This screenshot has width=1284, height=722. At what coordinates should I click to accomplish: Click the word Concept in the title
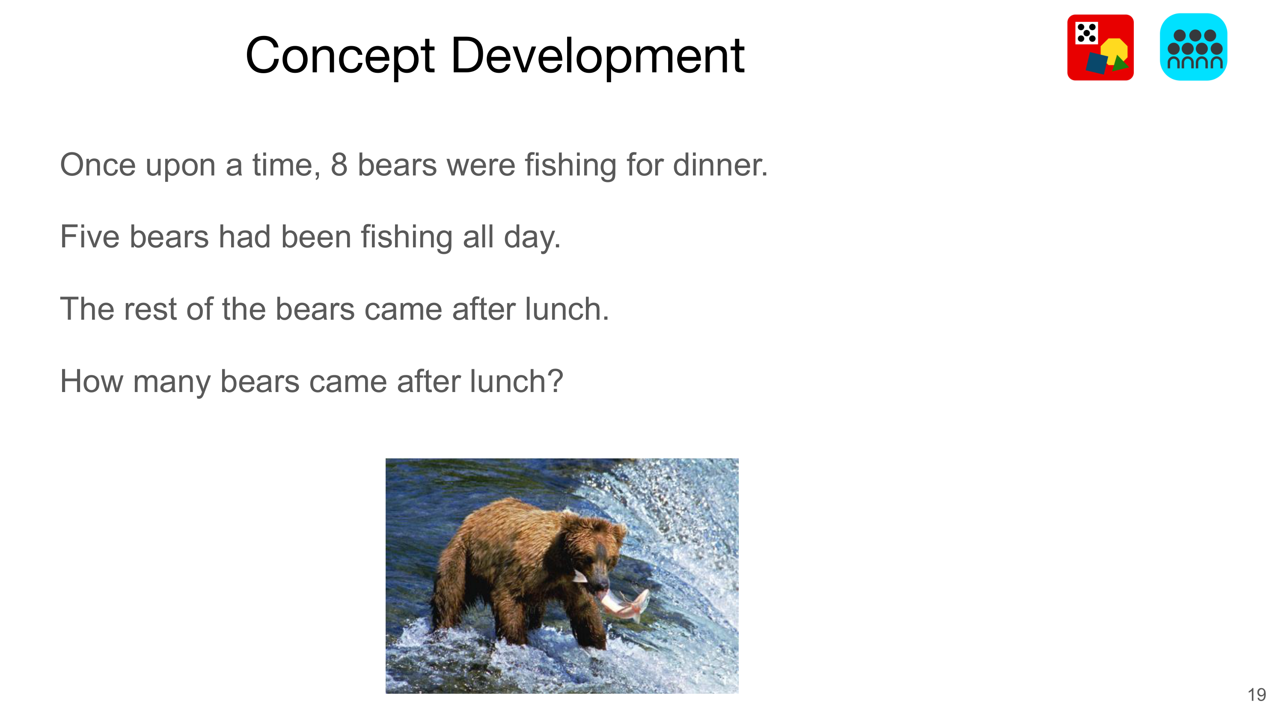pyautogui.click(x=340, y=56)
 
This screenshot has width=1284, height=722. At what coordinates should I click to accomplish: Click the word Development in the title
pyautogui.click(x=597, y=56)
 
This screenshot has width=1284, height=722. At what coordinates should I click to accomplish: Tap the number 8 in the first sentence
pyautogui.click(x=339, y=165)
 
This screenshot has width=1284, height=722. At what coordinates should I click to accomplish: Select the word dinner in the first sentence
pyautogui.click(x=720, y=164)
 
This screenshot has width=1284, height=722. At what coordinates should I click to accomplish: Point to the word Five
pyautogui.click(x=90, y=237)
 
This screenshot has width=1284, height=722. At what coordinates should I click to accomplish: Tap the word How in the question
pyautogui.click(x=92, y=382)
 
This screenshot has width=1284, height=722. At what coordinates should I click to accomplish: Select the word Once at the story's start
pyautogui.click(x=98, y=165)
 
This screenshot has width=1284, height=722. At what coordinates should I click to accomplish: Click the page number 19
pyautogui.click(x=1257, y=695)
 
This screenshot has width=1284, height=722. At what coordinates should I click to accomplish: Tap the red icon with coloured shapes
pyautogui.click(x=1100, y=48)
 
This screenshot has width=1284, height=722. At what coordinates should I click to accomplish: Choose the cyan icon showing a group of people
pyautogui.click(x=1193, y=47)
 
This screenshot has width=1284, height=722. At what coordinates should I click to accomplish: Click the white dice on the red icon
pyautogui.click(x=1087, y=33)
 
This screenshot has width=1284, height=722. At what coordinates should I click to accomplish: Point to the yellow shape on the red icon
pyautogui.click(x=1114, y=51)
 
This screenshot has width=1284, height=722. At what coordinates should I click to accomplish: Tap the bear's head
pyautogui.click(x=596, y=553)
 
